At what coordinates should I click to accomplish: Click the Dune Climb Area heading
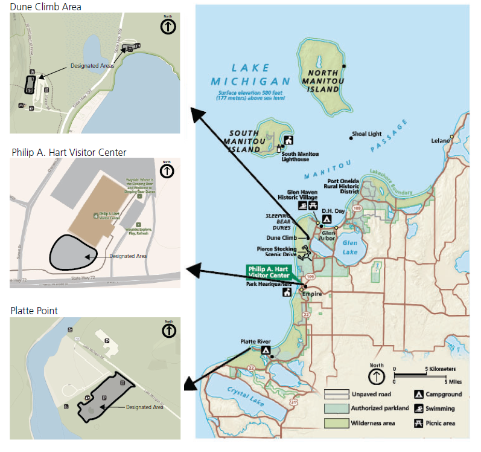click(x=46, y=7)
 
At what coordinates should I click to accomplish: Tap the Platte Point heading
click(x=34, y=311)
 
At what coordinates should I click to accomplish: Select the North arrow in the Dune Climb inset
click(x=168, y=26)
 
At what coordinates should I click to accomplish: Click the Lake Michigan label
click(x=250, y=75)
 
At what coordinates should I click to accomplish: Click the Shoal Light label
click(x=368, y=134)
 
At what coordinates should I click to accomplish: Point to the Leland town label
click(x=440, y=141)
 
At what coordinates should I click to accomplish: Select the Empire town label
click(x=313, y=294)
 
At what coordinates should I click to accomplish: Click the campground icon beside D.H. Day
click(x=327, y=219)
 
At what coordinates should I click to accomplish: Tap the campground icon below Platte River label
click(x=266, y=350)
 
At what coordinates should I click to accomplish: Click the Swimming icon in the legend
click(x=418, y=408)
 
